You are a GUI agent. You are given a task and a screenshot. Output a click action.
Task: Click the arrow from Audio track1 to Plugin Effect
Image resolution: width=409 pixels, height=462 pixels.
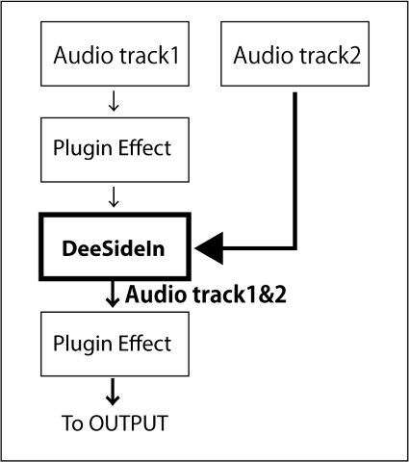click(114, 101)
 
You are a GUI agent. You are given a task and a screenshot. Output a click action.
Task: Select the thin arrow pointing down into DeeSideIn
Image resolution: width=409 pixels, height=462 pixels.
click(114, 197)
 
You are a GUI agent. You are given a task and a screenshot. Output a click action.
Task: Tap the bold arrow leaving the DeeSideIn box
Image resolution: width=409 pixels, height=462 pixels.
click(113, 295)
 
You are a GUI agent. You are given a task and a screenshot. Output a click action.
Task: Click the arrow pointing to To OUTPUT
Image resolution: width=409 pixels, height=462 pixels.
click(113, 392)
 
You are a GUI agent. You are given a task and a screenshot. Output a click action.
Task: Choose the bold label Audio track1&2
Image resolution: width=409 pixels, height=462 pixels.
click(206, 295)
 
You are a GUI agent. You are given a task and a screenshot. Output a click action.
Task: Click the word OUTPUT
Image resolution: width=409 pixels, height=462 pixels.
click(128, 423)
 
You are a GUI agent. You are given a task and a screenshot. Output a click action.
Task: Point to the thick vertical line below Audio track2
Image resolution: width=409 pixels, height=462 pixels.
click(295, 170)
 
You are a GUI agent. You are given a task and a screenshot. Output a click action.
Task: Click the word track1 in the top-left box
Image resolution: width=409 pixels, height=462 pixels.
click(149, 55)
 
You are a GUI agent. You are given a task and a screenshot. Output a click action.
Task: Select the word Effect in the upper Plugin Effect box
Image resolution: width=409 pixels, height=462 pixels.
click(144, 147)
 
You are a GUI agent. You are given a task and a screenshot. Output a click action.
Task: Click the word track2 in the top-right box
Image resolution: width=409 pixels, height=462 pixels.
click(330, 55)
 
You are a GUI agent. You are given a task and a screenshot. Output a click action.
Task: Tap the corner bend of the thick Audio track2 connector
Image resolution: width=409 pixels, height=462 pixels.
click(295, 248)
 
